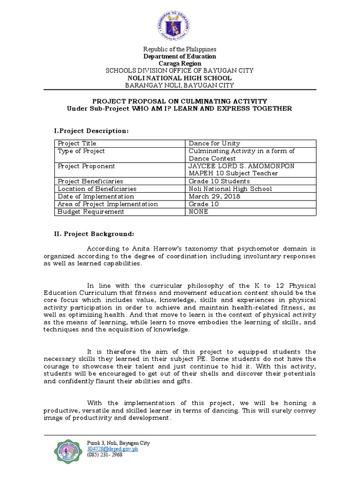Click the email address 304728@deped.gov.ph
click(112, 449)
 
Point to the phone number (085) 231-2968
click(105, 454)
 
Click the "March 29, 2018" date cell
click(214, 196)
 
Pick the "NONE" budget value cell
click(199, 211)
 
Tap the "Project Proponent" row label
click(86, 166)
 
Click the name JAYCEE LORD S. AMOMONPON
click(241, 166)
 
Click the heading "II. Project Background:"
click(95, 233)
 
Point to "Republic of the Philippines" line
click(180, 49)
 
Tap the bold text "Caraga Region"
click(180, 63)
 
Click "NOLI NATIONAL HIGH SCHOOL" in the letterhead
click(180, 78)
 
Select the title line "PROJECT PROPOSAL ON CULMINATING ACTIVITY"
click(180, 101)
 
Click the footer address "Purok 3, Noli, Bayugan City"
click(119, 443)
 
